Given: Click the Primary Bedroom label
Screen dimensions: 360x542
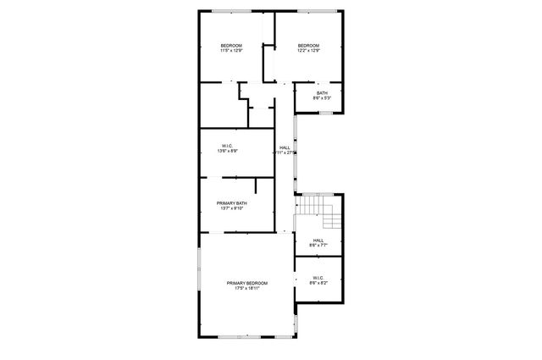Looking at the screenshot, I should coord(246,282).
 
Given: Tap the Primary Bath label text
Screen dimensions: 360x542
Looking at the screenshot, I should coord(231,203).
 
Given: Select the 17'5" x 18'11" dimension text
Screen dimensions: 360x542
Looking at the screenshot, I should coord(246,288).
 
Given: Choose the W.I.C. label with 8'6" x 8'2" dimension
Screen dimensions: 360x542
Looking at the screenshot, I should coord(318,277).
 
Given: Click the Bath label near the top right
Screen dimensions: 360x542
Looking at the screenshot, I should coord(322,93).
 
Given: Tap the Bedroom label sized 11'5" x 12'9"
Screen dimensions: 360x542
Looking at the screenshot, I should coord(231,45).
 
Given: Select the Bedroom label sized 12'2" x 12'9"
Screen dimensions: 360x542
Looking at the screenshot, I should coord(308,45).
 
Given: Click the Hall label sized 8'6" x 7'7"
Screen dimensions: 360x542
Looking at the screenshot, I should coord(318,241).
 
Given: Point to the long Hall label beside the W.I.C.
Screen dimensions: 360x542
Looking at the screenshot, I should coord(285,147).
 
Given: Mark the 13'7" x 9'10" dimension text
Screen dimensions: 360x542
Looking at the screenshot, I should coord(231,208).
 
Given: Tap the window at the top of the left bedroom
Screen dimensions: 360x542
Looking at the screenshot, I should coord(230,11).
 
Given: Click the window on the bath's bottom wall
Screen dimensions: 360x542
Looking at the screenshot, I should coord(326,113).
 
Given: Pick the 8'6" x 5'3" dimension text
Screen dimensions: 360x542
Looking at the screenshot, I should coord(322,99).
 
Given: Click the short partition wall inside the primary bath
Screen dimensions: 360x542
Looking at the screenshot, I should coord(256,189).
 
